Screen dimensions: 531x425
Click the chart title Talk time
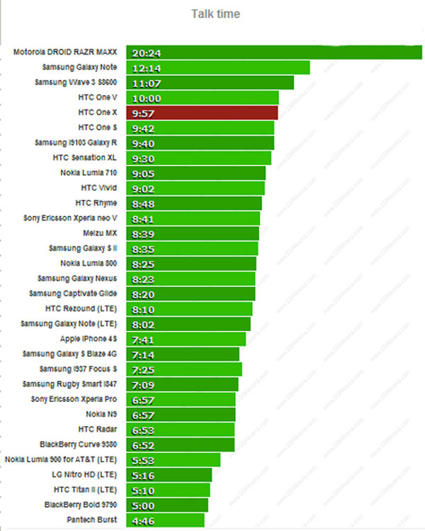point(215,14)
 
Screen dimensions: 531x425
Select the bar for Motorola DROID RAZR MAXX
point(273,52)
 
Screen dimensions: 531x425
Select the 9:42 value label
point(144,128)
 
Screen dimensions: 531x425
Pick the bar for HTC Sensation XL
point(198,158)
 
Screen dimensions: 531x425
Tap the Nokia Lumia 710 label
point(89,172)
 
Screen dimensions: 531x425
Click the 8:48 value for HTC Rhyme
point(144,203)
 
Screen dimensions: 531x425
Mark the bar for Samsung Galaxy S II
point(192,248)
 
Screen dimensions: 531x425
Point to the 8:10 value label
point(144,309)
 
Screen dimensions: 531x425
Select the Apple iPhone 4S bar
point(186,339)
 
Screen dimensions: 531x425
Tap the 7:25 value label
point(144,369)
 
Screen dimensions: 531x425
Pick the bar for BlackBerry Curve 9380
point(181,445)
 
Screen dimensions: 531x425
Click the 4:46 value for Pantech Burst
point(144,520)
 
